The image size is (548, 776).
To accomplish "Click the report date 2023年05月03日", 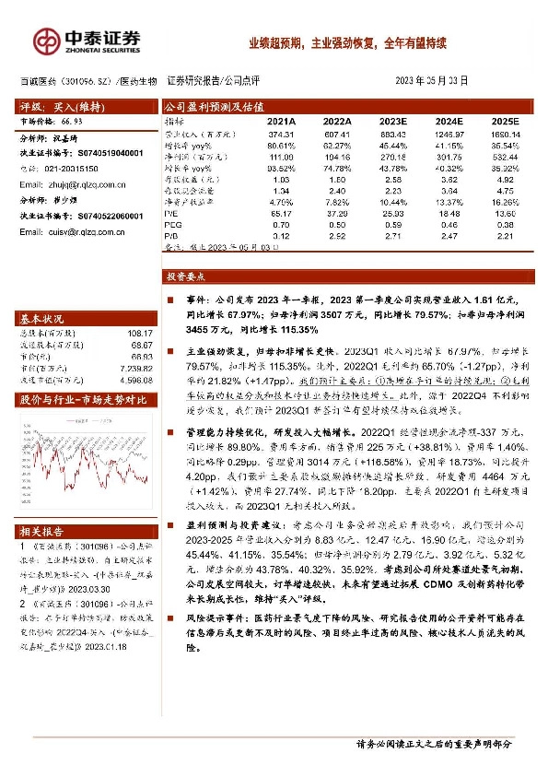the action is [432, 81].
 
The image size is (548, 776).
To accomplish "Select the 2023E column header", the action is [393, 121].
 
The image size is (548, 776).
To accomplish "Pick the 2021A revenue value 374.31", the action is [280, 135].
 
